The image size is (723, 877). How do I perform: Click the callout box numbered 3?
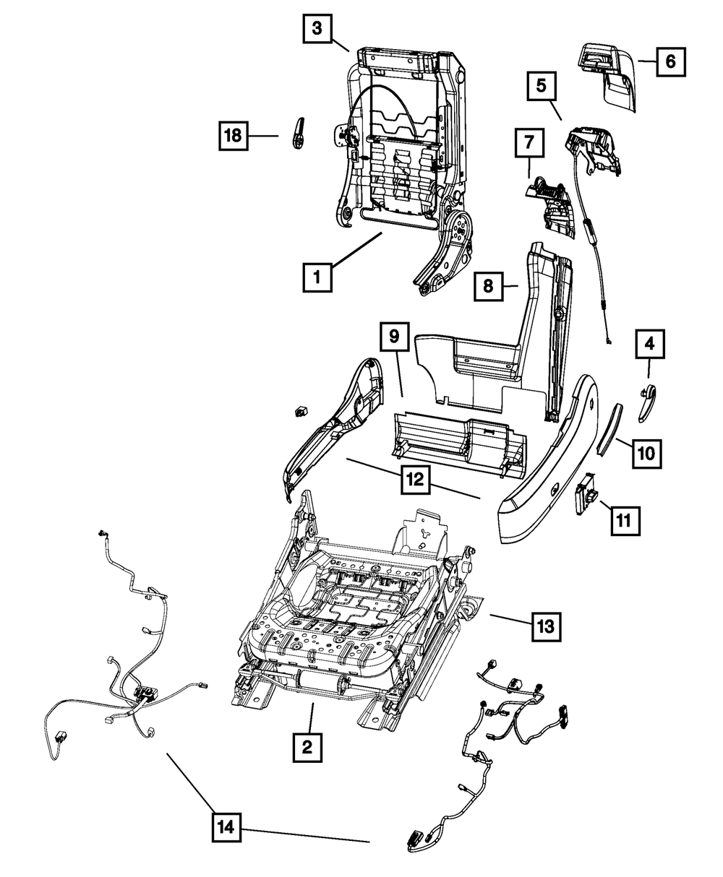[317, 30]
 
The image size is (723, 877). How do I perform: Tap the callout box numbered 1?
[317, 276]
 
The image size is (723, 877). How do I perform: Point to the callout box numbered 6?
[670, 61]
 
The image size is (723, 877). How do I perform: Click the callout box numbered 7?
[529, 144]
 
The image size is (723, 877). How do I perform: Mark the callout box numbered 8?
[488, 287]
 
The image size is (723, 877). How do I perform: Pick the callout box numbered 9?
[395, 337]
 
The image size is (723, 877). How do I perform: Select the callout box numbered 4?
[649, 345]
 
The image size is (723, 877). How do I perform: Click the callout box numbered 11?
[624, 518]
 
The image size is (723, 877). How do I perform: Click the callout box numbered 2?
[307, 747]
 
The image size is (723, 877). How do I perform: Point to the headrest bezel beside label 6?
[609, 77]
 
